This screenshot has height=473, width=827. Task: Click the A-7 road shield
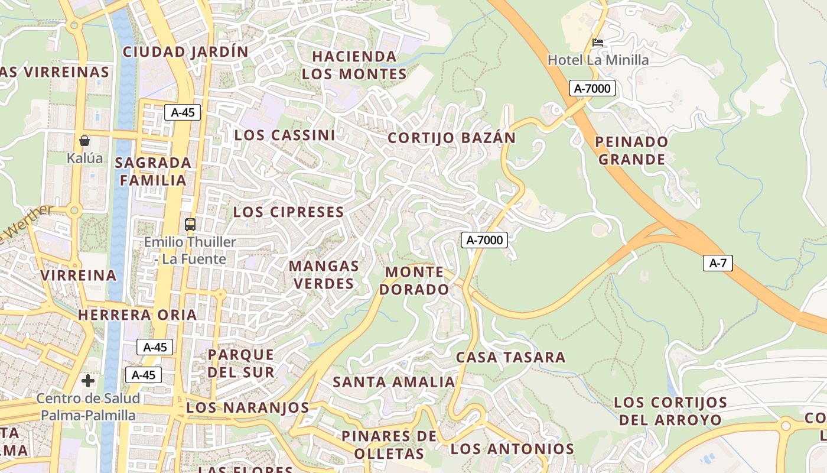click(718, 263)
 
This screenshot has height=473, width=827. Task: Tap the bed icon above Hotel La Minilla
click(598, 43)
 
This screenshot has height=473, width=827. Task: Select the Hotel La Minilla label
click(598, 60)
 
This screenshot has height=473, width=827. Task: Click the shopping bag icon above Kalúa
click(84, 141)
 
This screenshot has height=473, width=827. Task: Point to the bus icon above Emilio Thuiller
click(190, 225)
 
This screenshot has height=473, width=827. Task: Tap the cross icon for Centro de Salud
click(88, 380)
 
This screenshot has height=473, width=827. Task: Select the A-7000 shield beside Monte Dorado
click(484, 240)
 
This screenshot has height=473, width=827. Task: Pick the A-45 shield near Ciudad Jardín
click(183, 112)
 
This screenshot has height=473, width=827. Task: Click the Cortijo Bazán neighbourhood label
click(451, 138)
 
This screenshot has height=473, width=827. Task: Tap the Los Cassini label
click(285, 135)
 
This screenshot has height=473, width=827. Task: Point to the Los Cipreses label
click(288, 212)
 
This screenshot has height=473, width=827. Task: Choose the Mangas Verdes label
click(324, 275)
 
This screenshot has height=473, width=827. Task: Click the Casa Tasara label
click(510, 357)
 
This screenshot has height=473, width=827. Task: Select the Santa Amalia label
click(394, 382)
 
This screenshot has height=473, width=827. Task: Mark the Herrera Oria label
click(138, 315)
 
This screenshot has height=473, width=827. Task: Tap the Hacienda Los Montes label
click(354, 65)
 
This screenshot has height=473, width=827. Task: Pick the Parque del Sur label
click(241, 363)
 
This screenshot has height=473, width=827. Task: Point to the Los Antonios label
click(513, 449)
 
